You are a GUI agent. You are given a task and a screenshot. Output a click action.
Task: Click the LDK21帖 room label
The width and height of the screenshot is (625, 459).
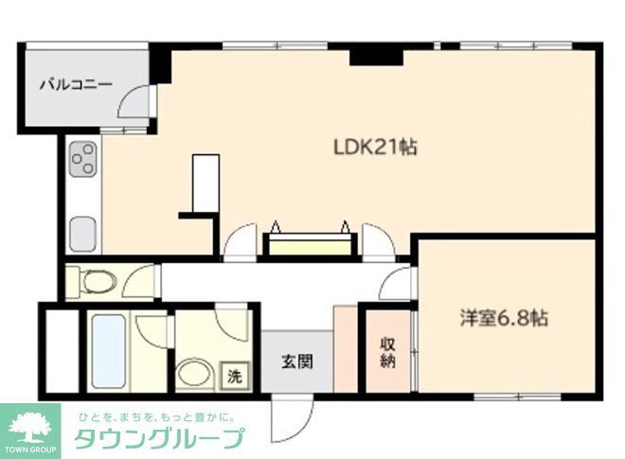375,148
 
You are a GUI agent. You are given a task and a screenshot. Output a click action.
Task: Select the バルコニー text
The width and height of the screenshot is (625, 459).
76,84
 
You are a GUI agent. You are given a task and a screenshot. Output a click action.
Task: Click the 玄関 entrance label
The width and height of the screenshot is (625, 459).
294,361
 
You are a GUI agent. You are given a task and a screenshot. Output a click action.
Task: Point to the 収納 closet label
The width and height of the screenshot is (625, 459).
388,352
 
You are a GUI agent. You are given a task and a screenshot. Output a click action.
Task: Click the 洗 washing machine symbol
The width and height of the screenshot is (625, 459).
233,375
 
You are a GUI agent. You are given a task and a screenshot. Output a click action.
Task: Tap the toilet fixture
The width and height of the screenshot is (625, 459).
97,280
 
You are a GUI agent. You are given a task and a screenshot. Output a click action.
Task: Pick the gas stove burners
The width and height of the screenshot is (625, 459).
80,158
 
